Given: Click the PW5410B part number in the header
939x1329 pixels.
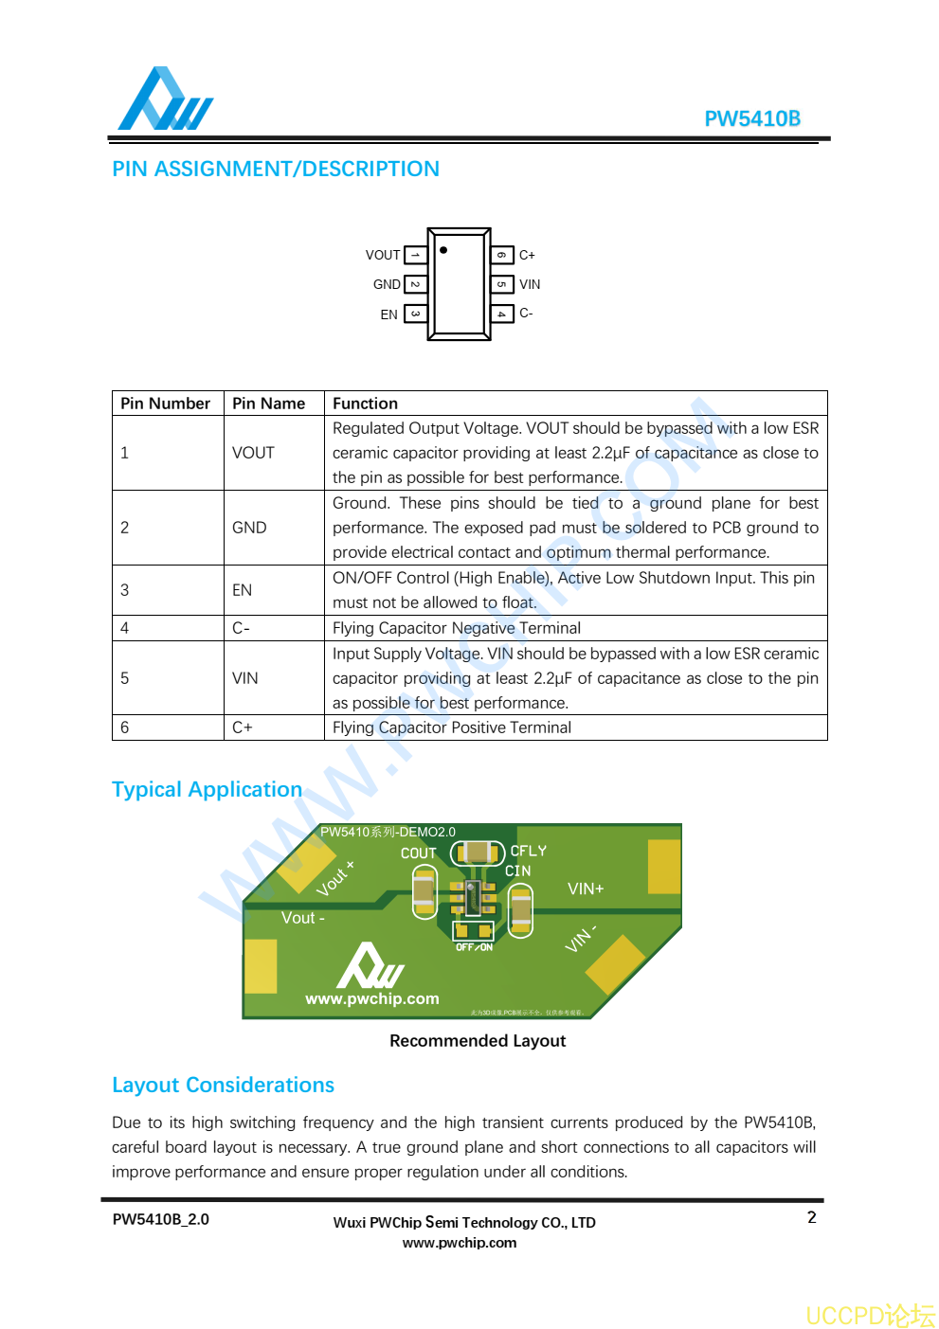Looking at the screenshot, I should (751, 118).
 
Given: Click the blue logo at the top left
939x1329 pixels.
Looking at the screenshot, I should (165, 99).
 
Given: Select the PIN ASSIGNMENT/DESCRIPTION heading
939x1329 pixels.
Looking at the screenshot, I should (275, 169).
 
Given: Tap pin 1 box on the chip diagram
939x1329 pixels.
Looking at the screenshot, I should (415, 255).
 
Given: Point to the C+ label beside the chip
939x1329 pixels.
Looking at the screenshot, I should (527, 255).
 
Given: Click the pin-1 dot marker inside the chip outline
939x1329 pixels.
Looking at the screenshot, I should (443, 250).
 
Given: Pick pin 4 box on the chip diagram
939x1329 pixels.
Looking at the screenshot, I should (501, 314).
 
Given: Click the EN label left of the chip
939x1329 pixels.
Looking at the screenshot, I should (388, 314).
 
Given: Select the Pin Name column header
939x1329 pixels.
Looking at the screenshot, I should (268, 404).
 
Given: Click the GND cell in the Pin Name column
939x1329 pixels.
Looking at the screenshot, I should (249, 528).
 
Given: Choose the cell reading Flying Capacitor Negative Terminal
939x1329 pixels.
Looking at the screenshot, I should (456, 628).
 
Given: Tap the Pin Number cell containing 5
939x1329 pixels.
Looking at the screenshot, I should (125, 678).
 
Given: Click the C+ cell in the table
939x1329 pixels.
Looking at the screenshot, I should (243, 727).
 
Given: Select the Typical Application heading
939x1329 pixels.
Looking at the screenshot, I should (207, 789).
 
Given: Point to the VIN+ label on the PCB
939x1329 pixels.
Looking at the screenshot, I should (586, 889).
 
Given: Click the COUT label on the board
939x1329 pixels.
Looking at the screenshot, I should (418, 853).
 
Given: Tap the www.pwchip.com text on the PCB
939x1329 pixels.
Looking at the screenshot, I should (371, 998).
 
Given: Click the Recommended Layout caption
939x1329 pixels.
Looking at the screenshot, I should (477, 1041).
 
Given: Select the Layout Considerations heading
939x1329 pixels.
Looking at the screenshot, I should (223, 1085).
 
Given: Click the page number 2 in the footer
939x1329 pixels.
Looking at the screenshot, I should (811, 1217).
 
